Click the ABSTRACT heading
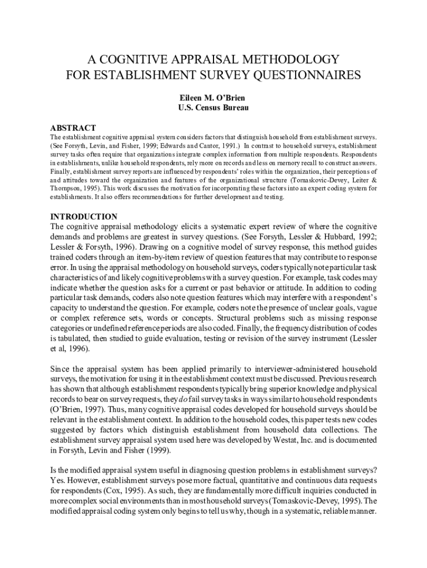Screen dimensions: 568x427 tap(73, 128)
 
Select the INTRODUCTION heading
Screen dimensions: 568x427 tap(84, 217)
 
